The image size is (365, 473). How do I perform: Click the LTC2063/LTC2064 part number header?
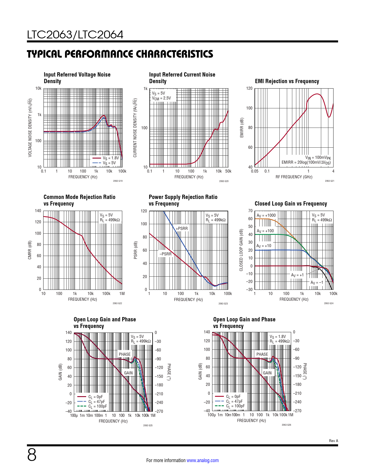click(75, 35)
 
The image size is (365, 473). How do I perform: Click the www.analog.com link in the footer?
click(202, 460)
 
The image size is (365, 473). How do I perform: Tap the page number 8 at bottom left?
click(32, 455)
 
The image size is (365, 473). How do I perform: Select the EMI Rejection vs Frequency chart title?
click(287, 81)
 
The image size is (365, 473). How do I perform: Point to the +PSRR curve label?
click(182, 228)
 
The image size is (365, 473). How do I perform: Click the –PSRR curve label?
click(165, 254)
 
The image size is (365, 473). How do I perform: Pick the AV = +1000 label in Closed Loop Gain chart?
click(266, 216)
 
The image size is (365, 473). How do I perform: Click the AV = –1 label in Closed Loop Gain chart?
click(317, 282)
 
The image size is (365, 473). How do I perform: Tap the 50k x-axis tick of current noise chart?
click(228, 171)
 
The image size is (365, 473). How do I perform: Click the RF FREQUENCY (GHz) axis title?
click(294, 177)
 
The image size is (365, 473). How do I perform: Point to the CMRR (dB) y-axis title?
click(30, 250)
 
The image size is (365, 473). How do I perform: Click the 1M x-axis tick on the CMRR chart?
click(122, 294)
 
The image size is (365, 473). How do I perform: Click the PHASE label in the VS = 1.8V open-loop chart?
click(262, 354)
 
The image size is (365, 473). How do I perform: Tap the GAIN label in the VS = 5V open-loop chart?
click(128, 373)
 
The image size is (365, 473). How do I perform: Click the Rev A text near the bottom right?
click(333, 441)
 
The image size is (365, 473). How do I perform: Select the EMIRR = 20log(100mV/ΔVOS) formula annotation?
click(306, 163)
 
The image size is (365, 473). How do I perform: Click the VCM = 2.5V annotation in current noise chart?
click(161, 98)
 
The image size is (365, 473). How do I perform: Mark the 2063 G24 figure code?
click(329, 303)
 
